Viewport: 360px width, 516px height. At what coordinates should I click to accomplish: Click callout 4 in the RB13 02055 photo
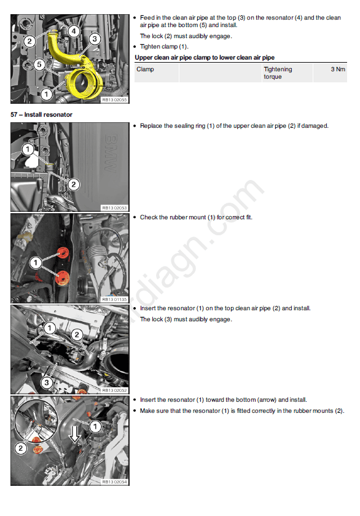[x=74, y=31]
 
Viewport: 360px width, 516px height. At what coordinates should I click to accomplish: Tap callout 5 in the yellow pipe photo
[x=39, y=64]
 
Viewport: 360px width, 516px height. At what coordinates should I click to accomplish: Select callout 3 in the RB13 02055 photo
[x=95, y=39]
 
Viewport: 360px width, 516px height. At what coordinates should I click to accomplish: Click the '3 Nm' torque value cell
[x=338, y=69]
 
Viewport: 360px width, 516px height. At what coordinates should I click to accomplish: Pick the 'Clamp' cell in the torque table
[x=145, y=69]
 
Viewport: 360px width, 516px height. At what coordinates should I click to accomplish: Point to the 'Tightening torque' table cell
[x=278, y=72]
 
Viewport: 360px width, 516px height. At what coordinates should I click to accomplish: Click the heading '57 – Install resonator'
[x=41, y=114]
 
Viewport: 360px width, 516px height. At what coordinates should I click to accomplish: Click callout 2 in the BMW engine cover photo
[x=73, y=184]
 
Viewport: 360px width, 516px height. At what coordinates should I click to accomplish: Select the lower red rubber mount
[x=63, y=278]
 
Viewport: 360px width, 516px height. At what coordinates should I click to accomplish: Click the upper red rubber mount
[x=63, y=253]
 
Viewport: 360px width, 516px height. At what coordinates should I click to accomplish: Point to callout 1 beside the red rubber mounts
[x=36, y=263]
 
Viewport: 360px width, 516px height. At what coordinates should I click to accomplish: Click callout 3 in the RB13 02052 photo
[x=47, y=382]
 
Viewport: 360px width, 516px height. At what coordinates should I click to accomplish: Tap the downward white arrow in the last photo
[x=75, y=434]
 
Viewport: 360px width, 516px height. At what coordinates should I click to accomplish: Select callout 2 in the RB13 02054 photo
[x=20, y=448]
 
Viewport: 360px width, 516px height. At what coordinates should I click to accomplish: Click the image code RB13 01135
[x=114, y=300]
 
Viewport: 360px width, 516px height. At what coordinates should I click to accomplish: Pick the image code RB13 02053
[x=114, y=208]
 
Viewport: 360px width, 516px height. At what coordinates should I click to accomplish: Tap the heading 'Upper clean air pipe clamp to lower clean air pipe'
[x=205, y=58]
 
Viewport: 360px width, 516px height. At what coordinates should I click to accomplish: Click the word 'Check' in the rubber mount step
[x=149, y=217]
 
